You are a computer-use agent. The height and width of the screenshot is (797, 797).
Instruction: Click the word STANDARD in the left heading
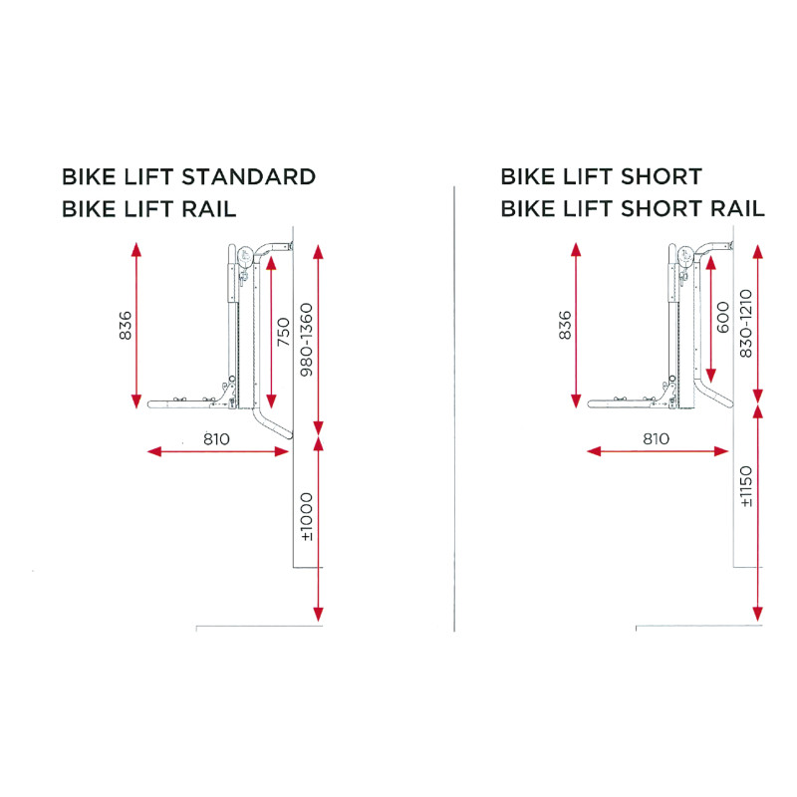tap(248, 177)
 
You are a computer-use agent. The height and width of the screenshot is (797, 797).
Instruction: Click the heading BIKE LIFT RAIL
tap(148, 209)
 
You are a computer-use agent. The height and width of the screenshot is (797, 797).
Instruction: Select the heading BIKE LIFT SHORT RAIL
tap(633, 208)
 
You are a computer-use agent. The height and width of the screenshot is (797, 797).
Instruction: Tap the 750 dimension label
tap(284, 332)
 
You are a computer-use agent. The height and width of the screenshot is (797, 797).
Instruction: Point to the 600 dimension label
tap(723, 317)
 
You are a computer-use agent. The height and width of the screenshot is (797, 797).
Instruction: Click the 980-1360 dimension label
tap(307, 340)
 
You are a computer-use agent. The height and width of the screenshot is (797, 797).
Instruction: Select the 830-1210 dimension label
tap(745, 323)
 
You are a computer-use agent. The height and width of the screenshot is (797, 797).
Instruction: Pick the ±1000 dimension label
tap(307, 517)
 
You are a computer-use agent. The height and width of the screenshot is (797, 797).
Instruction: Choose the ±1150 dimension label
tap(745, 486)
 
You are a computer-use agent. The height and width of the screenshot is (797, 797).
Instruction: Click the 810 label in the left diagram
tap(216, 438)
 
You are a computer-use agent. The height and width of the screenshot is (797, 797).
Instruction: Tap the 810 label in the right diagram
tap(657, 438)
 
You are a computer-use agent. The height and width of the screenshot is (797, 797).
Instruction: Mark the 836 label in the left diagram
tap(125, 326)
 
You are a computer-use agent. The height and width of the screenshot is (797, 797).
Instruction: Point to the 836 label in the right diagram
tap(564, 326)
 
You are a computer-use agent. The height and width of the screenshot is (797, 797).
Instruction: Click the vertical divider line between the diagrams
tap(454, 408)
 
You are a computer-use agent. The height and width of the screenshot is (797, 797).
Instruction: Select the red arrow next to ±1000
tap(318, 529)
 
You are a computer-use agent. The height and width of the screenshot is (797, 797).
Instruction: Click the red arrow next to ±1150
tap(758, 513)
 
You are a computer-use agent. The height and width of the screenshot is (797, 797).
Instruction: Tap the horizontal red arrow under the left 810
tap(218, 451)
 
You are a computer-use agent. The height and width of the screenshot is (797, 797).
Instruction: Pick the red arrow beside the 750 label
tap(271, 332)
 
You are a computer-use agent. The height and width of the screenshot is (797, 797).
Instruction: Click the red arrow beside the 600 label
tap(710, 319)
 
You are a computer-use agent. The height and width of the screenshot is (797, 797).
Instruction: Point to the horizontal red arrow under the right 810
tap(658, 451)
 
